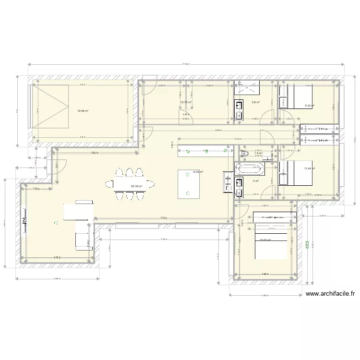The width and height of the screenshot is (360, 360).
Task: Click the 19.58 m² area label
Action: pyautogui.click(x=83, y=111)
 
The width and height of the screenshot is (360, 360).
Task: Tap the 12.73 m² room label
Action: pyautogui.click(x=186, y=102)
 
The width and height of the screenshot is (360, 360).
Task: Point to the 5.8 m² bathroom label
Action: pyautogui.click(x=255, y=102)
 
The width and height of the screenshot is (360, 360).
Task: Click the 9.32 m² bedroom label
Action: pyautogui.click(x=310, y=106)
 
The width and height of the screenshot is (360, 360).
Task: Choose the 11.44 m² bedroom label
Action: pyautogui.click(x=310, y=168)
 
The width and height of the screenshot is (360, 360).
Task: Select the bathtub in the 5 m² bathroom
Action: pyautogui.click(x=250, y=169)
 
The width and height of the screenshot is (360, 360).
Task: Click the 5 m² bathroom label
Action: pyautogui.click(x=256, y=181)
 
